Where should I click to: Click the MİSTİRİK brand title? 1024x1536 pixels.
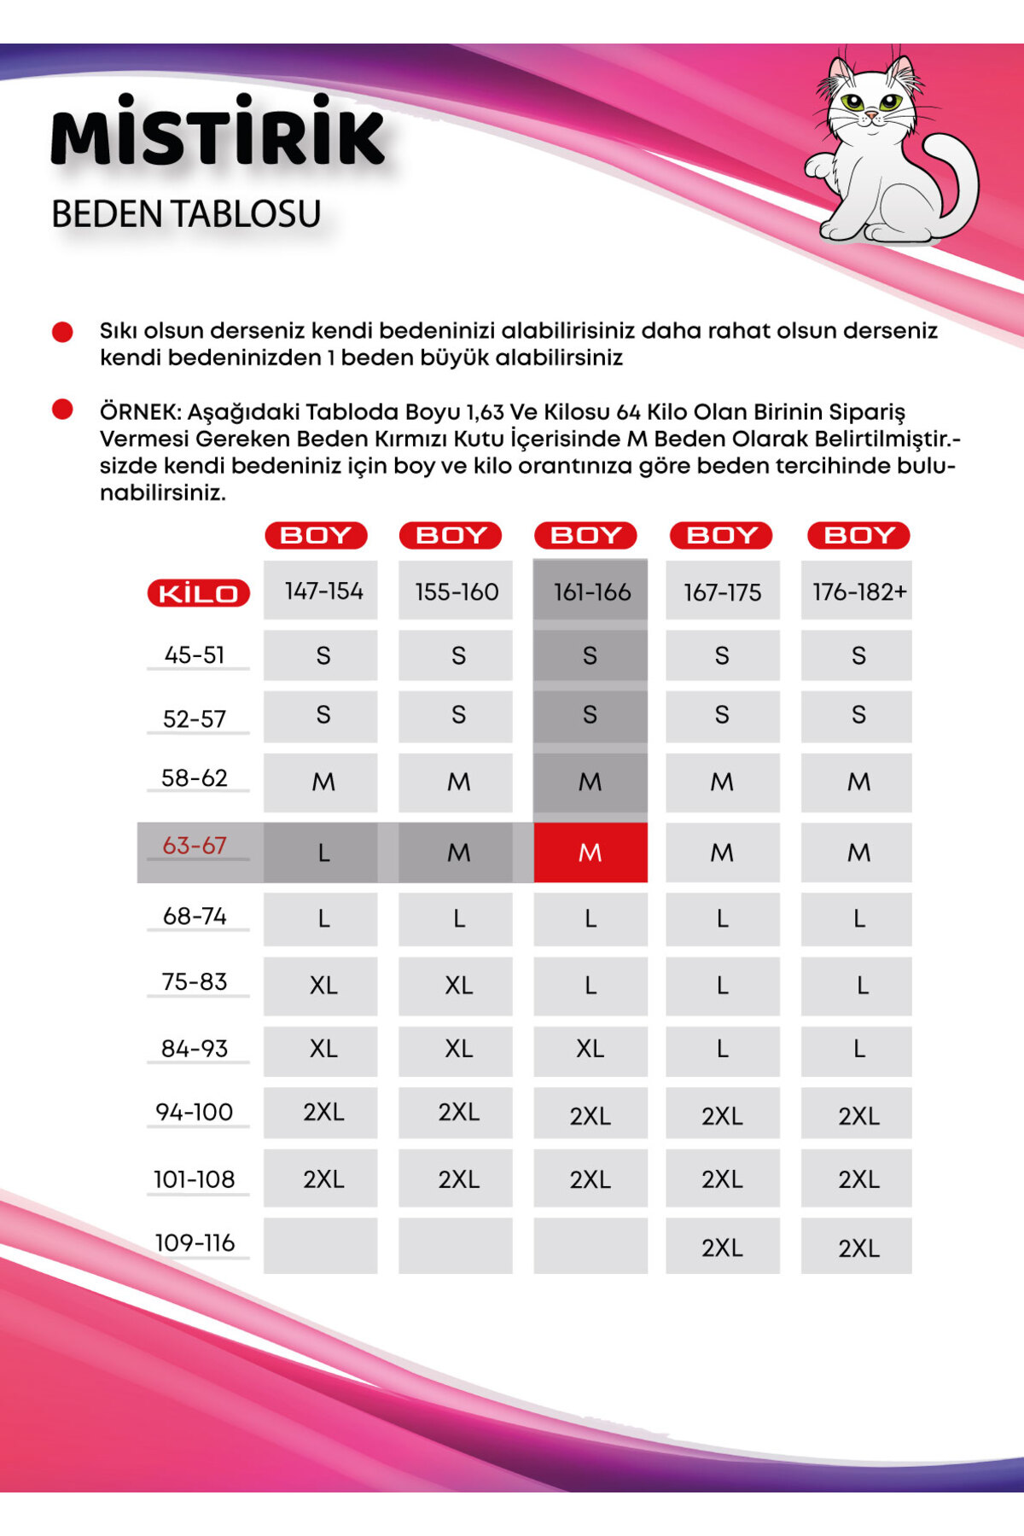218,132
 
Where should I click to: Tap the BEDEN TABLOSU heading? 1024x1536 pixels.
186,214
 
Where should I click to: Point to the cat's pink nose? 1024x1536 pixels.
870,114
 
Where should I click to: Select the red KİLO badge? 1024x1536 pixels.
198,593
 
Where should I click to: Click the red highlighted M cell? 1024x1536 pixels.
591,852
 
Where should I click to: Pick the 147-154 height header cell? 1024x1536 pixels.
321,591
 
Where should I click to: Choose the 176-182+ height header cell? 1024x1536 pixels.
857,591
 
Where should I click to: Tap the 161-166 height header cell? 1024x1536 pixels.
591,591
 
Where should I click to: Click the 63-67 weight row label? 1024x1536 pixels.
195,846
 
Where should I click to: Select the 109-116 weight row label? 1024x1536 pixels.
195,1242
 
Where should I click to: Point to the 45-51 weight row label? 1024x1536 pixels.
195,655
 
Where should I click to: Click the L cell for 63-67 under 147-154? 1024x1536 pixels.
321,852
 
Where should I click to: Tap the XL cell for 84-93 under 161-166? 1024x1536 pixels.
591,1049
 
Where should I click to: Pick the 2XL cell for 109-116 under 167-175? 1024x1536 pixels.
722,1247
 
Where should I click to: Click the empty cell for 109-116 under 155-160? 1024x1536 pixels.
456,1246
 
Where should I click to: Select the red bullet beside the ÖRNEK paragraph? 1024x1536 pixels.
62,410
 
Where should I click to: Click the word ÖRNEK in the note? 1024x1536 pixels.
140,412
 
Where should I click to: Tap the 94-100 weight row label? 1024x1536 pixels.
195,1112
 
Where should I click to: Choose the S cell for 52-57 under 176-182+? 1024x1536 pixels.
857,715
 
